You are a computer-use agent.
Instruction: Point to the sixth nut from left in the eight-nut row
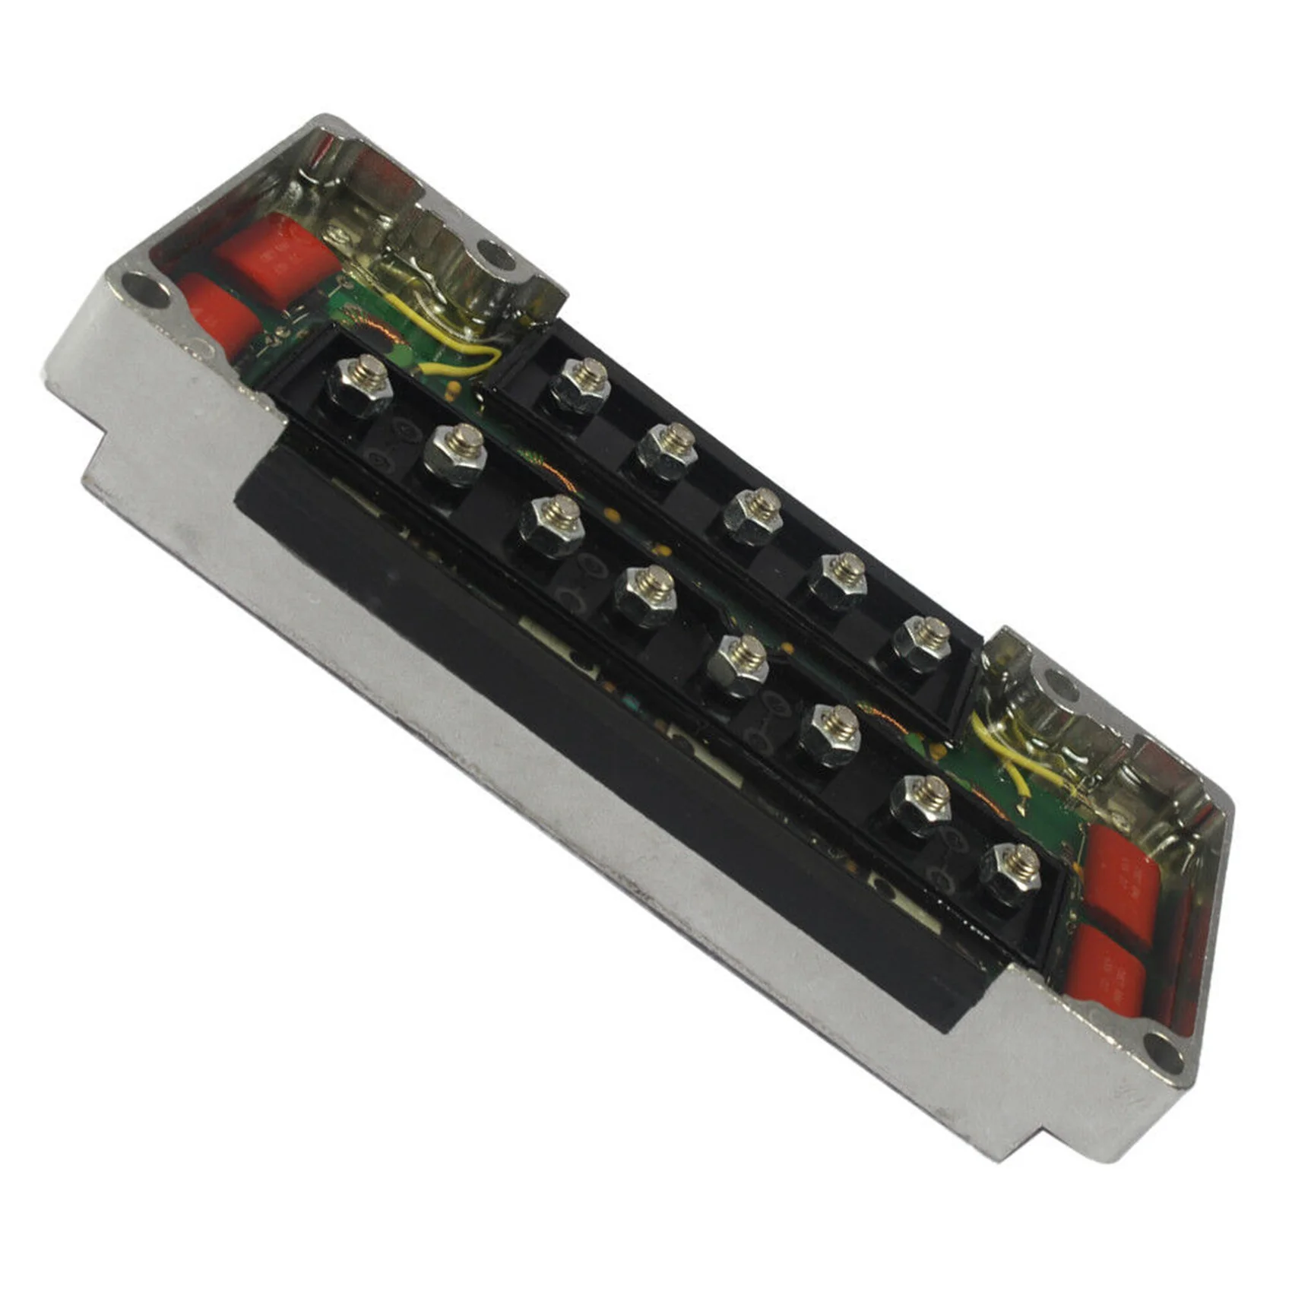click(x=831, y=733)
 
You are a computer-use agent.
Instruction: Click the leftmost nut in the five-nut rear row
click(x=581, y=386)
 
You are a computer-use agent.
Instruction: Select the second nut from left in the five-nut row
click(x=667, y=450)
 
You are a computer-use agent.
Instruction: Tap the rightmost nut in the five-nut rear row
click(x=922, y=643)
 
